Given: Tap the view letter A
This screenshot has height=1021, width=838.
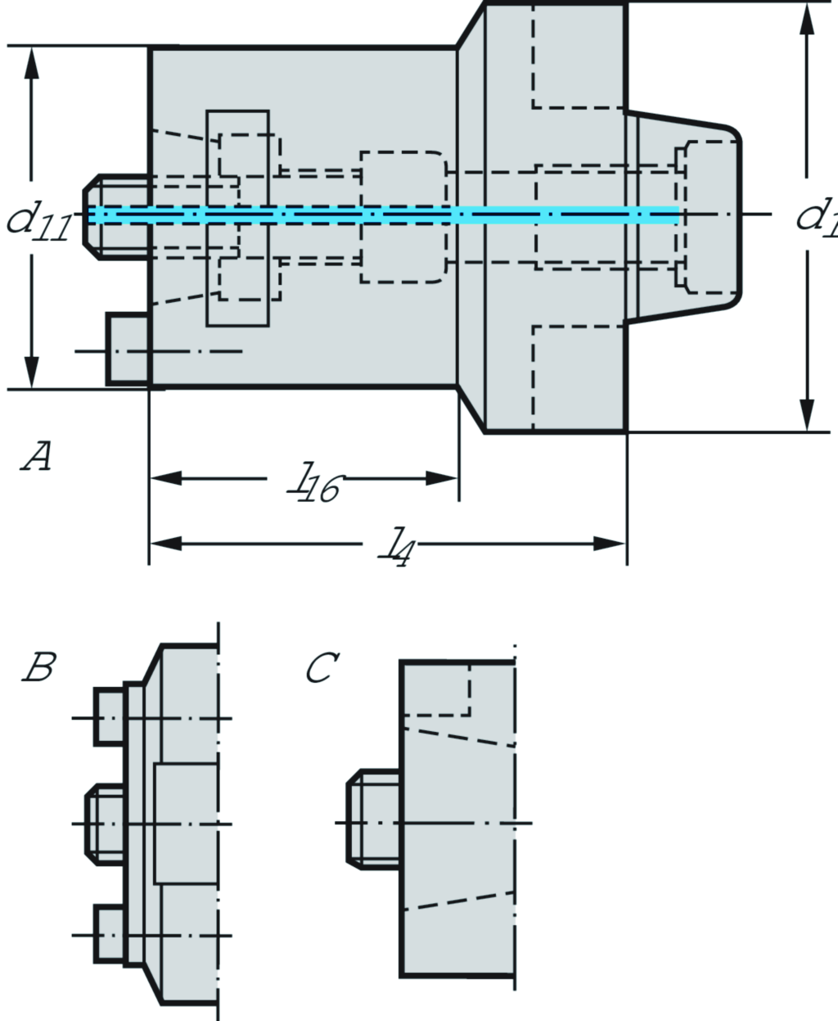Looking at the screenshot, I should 37,456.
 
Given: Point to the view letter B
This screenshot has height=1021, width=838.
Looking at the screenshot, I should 38,667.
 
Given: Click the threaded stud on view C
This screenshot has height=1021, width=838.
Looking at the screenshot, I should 373,818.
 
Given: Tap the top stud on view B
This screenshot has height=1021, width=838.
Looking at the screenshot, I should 109,717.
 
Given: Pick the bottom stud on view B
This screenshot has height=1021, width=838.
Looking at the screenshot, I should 109,934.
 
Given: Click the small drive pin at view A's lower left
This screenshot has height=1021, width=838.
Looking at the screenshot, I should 127,350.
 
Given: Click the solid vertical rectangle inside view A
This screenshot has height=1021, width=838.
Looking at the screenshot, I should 237,218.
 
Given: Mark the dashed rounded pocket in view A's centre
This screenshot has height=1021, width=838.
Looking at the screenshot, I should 403,217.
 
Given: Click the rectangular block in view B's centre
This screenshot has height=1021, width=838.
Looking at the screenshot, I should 186,823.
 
